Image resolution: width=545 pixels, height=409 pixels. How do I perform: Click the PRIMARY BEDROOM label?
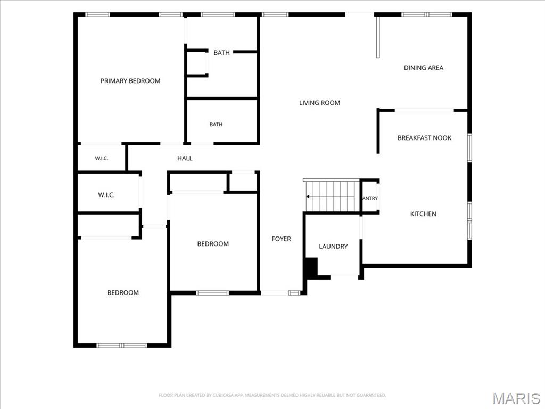(x=130, y=81)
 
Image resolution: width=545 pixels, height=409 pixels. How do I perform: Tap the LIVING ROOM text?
(x=319, y=103)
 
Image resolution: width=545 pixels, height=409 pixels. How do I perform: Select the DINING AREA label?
(x=423, y=68)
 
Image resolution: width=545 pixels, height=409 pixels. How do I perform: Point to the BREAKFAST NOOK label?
(x=424, y=138)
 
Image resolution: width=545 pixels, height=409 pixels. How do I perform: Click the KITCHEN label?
(x=423, y=214)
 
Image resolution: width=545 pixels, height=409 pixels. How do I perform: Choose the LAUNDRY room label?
(x=333, y=247)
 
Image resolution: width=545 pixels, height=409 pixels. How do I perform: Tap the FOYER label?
(x=281, y=239)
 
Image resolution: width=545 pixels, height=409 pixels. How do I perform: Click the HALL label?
(x=185, y=158)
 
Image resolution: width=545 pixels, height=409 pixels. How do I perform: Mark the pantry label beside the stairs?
(x=370, y=198)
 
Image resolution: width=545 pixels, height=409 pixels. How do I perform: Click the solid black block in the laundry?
(x=311, y=267)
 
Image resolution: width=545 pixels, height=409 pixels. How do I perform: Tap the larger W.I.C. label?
(x=106, y=195)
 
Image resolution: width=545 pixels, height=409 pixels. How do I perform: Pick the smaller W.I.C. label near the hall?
(x=102, y=159)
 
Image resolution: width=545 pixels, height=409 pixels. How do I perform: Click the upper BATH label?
(x=221, y=53)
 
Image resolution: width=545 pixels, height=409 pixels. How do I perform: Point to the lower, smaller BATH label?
(x=216, y=125)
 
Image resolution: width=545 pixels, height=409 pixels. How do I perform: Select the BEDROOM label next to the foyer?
(x=213, y=244)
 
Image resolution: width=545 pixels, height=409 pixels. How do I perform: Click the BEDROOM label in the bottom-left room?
(x=123, y=293)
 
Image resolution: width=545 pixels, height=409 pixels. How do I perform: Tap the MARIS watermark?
(x=516, y=398)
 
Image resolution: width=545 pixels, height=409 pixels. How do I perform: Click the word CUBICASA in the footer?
(x=224, y=396)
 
